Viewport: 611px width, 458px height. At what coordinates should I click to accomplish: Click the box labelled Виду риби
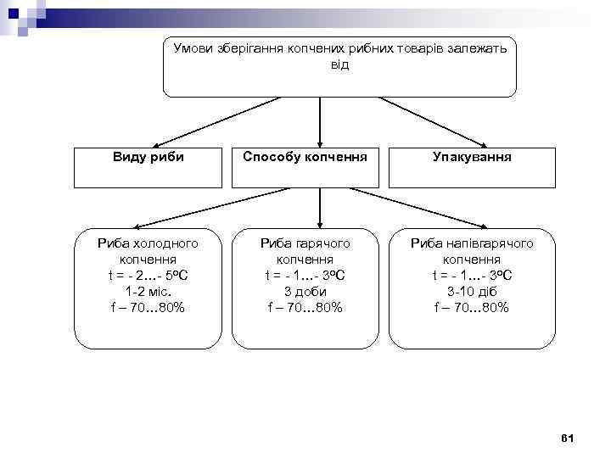pyautogui.click(x=149, y=167)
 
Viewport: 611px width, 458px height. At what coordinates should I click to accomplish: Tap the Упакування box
pyautogui.click(x=472, y=167)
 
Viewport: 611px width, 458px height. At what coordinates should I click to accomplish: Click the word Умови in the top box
pyautogui.click(x=193, y=49)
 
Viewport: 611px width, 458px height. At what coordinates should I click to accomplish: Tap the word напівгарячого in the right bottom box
pyautogui.click(x=491, y=243)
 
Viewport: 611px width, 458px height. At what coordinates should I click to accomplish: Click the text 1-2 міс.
pyautogui.click(x=149, y=291)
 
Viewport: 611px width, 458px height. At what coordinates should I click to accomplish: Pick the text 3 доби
pyautogui.click(x=305, y=291)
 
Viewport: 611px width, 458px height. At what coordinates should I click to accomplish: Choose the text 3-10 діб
pyautogui.click(x=472, y=291)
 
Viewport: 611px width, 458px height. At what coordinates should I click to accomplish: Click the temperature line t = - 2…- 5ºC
pyautogui.click(x=149, y=275)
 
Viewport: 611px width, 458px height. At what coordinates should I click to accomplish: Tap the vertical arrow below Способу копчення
pyautogui.click(x=319, y=208)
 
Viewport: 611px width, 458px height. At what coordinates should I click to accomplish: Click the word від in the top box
pyautogui.click(x=339, y=64)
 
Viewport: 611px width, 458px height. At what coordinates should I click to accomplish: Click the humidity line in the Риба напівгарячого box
pyautogui.click(x=472, y=307)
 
